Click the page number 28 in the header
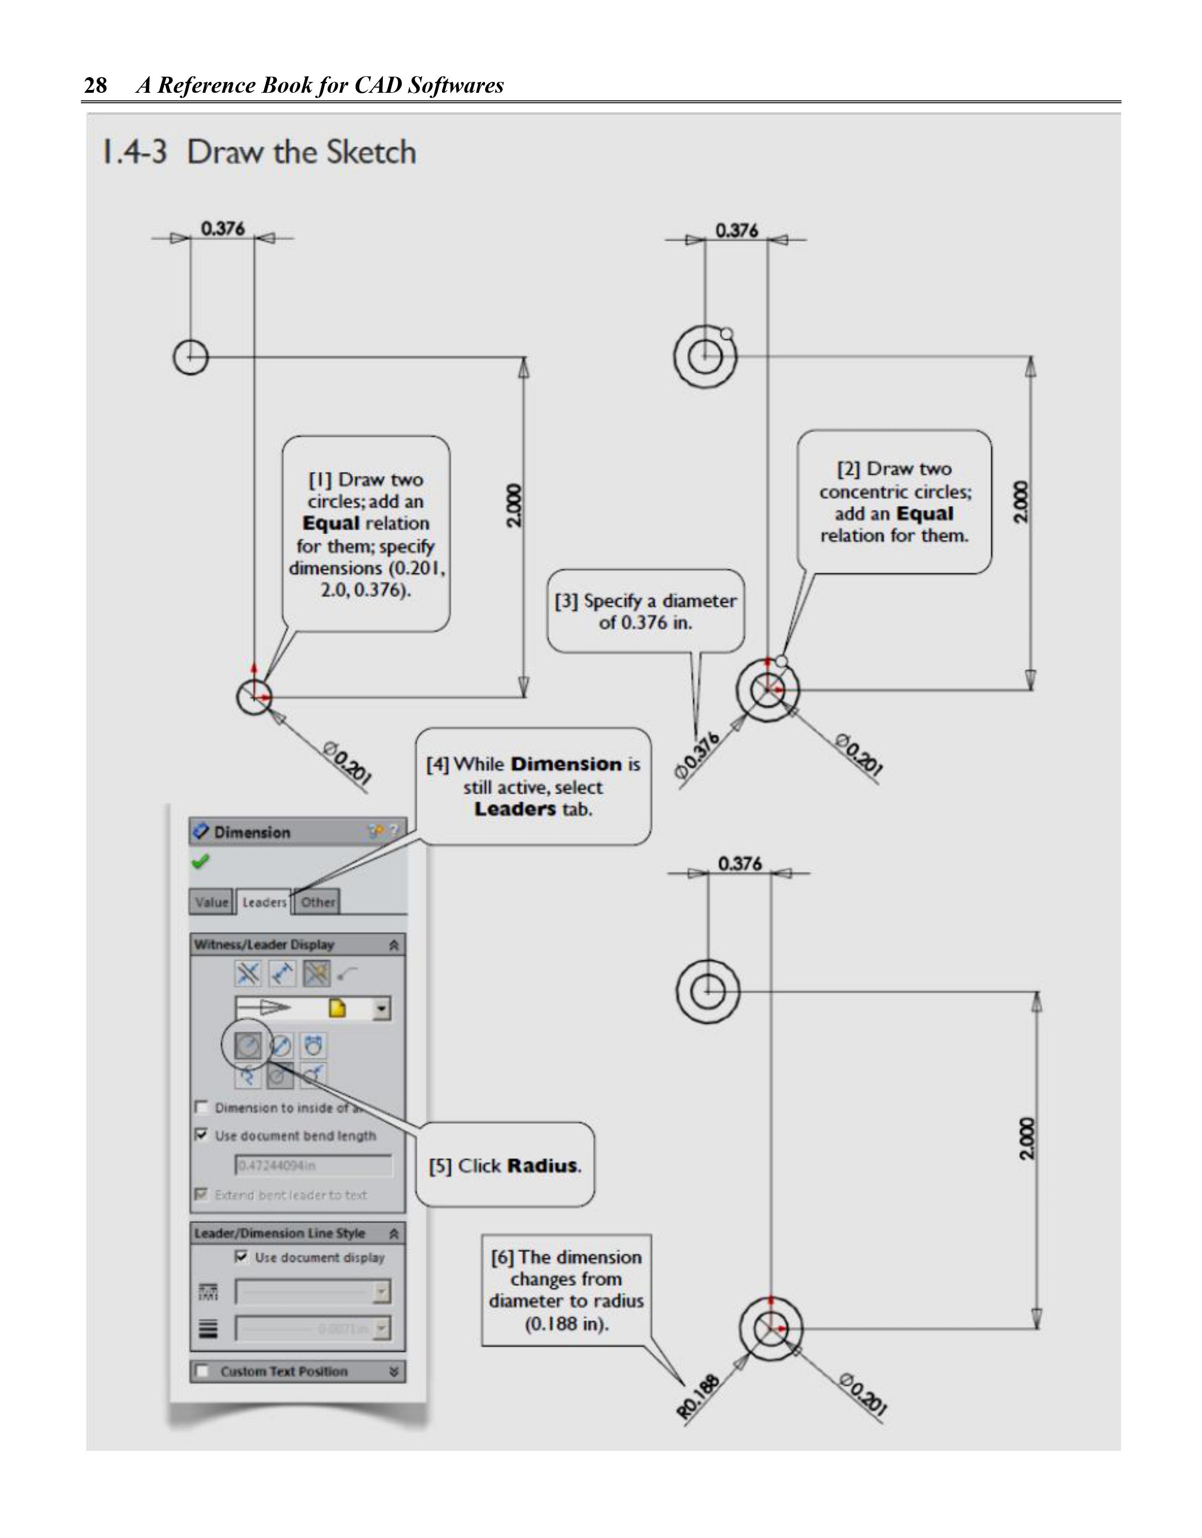[96, 85]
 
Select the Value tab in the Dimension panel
[211, 902]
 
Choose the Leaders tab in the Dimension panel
[264, 902]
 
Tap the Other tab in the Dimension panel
[318, 902]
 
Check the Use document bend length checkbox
[202, 1136]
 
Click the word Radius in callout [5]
[543, 1166]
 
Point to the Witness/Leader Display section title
[264, 945]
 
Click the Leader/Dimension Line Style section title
[280, 1233]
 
